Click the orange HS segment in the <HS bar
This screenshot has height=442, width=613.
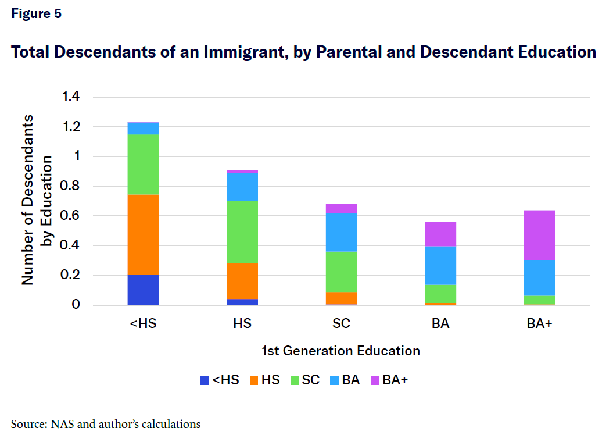tap(143, 234)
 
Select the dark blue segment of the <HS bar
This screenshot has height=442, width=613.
tap(143, 290)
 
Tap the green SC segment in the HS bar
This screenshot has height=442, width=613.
tap(242, 231)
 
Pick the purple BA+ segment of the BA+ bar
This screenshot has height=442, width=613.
tap(540, 235)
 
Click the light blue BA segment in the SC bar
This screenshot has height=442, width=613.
tap(342, 233)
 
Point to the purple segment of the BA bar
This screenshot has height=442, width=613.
tap(440, 234)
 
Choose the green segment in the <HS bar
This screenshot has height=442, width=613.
tap(143, 165)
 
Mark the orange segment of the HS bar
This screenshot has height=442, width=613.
tap(242, 280)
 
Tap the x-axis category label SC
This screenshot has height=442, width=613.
tap(342, 324)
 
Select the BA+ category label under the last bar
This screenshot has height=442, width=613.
tap(540, 324)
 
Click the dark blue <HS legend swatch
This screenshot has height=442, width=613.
tap(205, 381)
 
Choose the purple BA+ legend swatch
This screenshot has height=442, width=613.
tap(375, 381)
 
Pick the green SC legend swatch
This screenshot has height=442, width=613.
tap(293, 381)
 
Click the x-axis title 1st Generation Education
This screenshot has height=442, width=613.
tap(340, 351)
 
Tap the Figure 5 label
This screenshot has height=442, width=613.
tap(36, 14)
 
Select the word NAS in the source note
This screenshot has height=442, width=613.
tap(62, 424)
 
